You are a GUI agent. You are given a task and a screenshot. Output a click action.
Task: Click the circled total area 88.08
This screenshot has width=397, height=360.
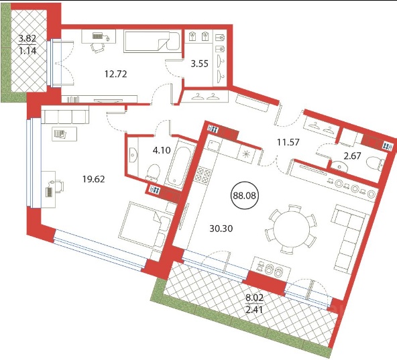(245, 196)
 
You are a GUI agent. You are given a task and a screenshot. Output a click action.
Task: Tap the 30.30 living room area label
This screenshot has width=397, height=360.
(221, 229)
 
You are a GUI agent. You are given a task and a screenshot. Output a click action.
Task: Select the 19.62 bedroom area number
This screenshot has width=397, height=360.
(93, 179)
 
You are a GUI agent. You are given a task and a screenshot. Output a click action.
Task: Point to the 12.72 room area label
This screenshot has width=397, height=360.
(116, 74)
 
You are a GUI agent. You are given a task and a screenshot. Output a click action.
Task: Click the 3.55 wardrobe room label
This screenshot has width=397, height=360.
(200, 64)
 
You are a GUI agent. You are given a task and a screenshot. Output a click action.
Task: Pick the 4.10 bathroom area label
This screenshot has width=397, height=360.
(162, 150)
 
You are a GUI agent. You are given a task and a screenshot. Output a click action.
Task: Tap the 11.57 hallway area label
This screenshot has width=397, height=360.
(288, 142)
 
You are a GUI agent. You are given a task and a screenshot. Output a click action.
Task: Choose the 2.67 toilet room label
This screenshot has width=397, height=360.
(352, 156)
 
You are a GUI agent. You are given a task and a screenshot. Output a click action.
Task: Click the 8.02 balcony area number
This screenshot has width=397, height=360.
(255, 297)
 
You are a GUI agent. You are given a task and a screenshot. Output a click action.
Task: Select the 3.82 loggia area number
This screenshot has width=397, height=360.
(27, 38)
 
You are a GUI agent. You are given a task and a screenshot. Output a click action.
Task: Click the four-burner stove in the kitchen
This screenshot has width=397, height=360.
(203, 175)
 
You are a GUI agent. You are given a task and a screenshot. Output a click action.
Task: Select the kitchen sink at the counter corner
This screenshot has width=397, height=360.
(213, 146)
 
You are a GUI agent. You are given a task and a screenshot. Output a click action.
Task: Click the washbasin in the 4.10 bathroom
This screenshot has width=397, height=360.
(133, 154)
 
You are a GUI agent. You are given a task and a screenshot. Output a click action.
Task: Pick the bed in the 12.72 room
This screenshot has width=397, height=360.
(152, 41)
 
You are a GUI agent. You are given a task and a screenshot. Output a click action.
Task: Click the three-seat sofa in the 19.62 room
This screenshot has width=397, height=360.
(65, 115)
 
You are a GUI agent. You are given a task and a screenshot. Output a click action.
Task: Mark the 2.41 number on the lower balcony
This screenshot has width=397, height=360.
(254, 310)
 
